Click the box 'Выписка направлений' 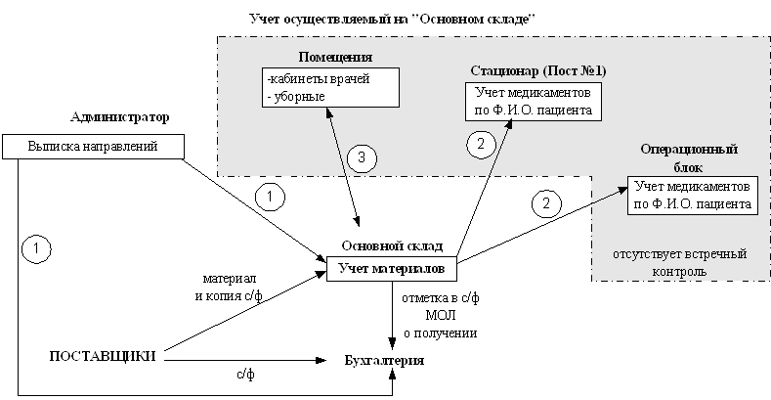94,147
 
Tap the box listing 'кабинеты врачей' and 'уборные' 330,88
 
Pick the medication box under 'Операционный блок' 691,196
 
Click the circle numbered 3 362,157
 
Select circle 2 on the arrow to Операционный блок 546,203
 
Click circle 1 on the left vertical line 35,248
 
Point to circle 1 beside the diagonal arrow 270,196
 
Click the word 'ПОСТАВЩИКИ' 103,355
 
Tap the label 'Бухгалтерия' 385,362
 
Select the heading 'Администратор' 120,117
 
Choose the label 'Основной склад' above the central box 391,245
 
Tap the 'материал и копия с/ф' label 230,286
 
